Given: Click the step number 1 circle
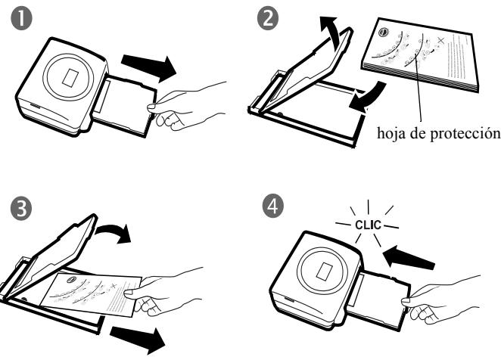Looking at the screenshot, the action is tap(21, 19).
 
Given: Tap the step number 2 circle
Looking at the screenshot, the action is tap(268, 19).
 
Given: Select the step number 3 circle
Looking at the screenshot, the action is tap(21, 209).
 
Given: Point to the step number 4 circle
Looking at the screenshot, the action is tap(273, 206).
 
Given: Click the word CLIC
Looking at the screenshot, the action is tap(368, 225).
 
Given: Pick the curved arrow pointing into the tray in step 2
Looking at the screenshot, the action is tap(369, 97).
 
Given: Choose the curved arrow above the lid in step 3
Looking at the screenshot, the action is tap(115, 232).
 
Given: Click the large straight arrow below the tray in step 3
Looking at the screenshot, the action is tap(138, 340).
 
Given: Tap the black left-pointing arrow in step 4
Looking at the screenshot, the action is tap(408, 257).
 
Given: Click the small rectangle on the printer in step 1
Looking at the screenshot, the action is tap(70, 77).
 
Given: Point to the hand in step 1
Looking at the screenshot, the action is tap(186, 107).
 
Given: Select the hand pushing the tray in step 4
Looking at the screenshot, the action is tap(440, 300).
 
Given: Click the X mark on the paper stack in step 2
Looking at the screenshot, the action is tap(441, 40).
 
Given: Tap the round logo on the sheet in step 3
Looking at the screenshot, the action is tap(72, 279).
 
